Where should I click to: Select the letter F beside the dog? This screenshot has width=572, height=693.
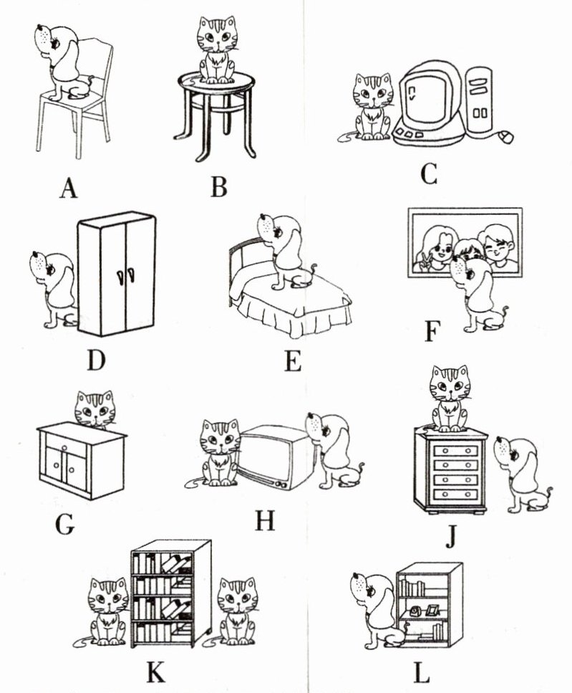click(432, 332)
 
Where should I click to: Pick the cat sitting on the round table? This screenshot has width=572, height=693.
click(217, 49)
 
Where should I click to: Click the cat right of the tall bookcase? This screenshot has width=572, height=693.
click(238, 611)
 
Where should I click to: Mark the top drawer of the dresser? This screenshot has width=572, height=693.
click(451, 450)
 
